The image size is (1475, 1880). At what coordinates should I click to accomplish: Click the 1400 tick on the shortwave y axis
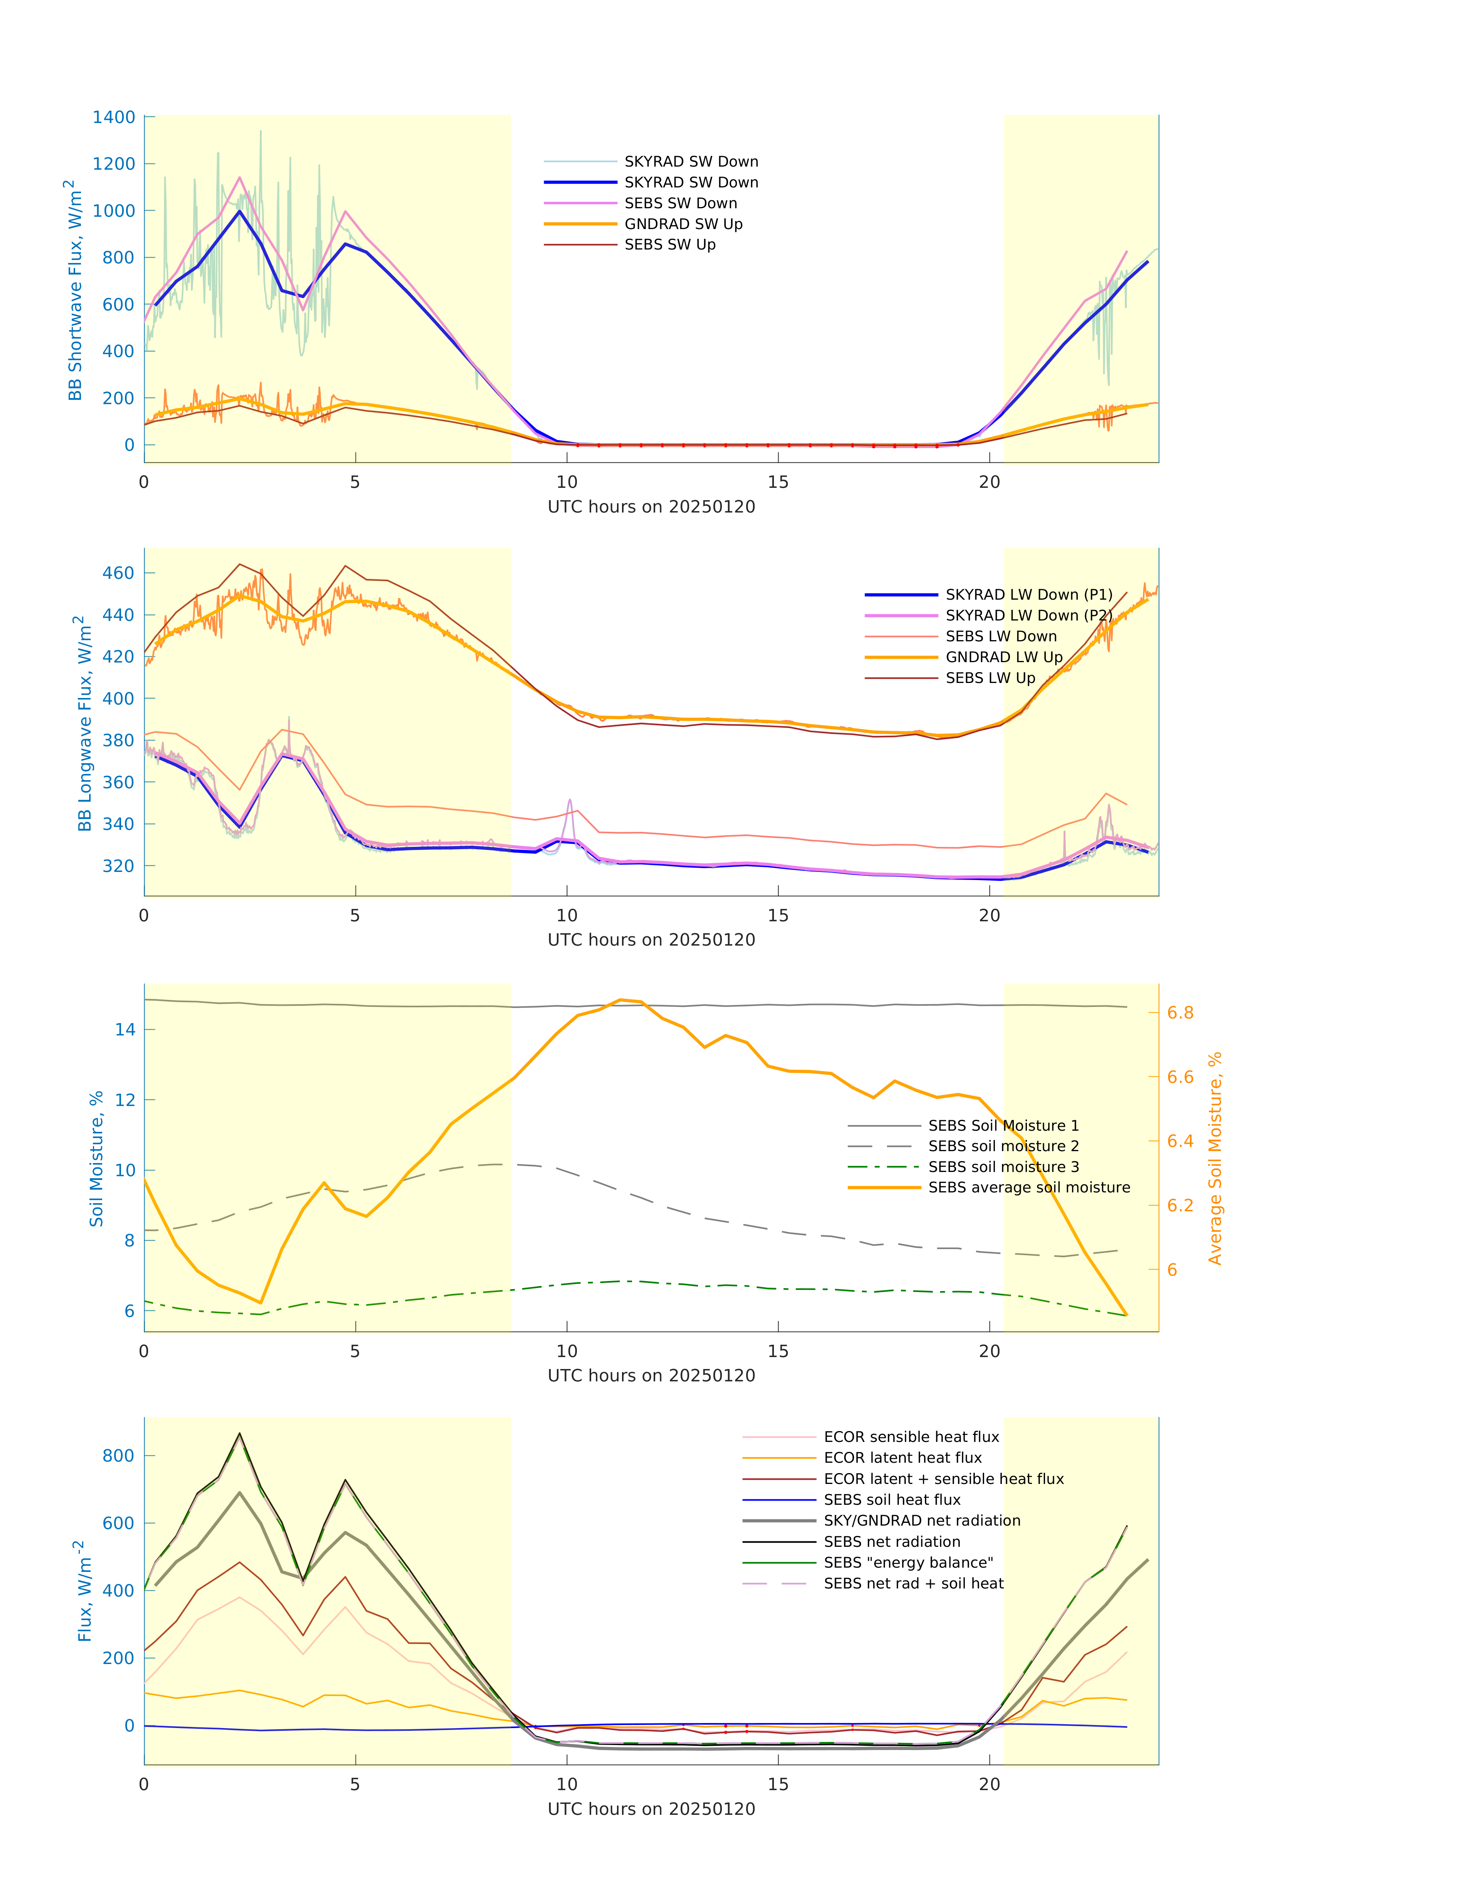pos(114,118)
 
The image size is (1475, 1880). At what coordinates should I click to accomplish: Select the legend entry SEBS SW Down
pos(681,204)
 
